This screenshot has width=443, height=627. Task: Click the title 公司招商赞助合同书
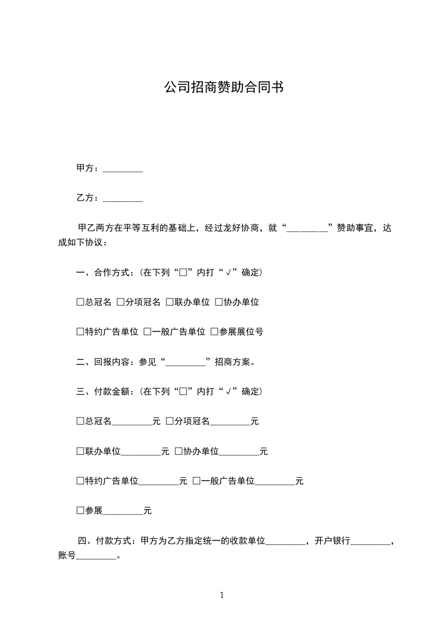(x=223, y=88)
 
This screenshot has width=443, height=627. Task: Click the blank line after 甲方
(x=123, y=169)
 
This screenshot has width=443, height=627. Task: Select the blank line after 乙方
(x=123, y=198)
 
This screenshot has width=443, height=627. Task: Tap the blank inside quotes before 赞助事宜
(x=307, y=228)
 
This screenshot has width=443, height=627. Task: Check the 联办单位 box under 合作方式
(x=170, y=302)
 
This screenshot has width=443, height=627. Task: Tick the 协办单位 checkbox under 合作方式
(x=219, y=302)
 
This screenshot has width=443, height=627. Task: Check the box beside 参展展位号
(x=214, y=332)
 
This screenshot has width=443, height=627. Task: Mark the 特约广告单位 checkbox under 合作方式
(x=80, y=332)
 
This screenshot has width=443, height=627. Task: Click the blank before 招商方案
(x=186, y=362)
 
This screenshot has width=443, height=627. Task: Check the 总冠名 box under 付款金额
(x=80, y=421)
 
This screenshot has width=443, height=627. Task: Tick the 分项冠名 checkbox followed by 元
(x=170, y=421)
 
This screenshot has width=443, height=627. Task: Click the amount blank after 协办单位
(x=239, y=452)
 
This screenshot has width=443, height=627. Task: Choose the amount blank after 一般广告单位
(x=275, y=481)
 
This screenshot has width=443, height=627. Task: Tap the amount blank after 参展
(x=123, y=511)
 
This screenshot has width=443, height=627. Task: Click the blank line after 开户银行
(x=371, y=541)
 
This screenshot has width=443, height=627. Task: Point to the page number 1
(x=222, y=595)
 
